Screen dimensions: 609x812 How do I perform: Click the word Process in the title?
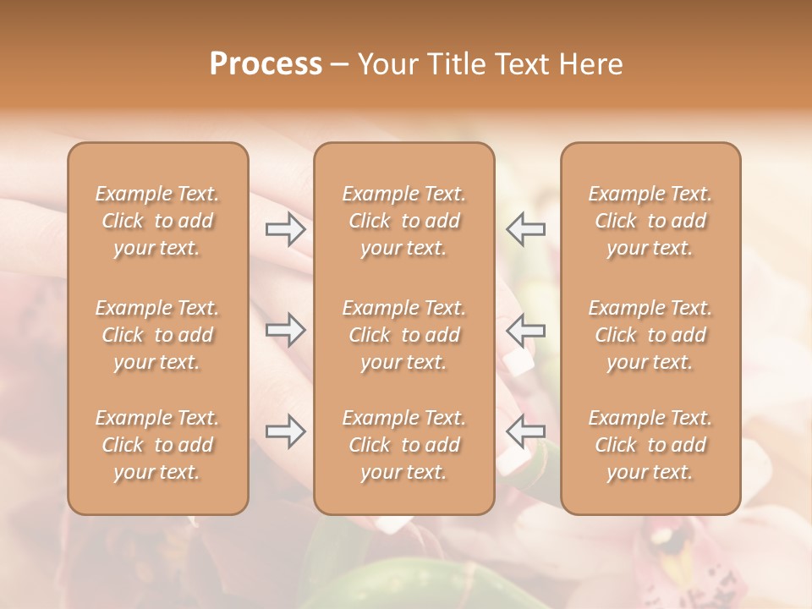click(266, 64)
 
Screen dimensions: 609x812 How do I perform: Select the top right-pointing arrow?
click(286, 228)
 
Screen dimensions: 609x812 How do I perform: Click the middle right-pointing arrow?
click(286, 329)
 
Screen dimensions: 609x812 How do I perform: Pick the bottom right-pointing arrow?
click(286, 431)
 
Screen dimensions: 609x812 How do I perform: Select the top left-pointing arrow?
click(525, 228)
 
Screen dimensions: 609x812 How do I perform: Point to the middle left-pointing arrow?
click(525, 329)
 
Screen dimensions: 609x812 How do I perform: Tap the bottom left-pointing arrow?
click(525, 431)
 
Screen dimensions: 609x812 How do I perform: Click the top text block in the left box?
click(157, 221)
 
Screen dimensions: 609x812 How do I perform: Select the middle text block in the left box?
click(157, 335)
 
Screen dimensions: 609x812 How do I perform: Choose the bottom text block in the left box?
click(157, 445)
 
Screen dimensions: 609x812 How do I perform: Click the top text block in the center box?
click(404, 221)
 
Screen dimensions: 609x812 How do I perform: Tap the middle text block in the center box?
click(404, 335)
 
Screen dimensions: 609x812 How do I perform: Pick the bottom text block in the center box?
click(404, 445)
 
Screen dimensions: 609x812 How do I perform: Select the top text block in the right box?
click(650, 221)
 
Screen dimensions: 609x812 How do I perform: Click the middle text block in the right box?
click(650, 335)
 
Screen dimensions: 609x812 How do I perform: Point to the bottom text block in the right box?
click(650, 445)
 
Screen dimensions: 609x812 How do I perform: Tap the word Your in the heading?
click(387, 64)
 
